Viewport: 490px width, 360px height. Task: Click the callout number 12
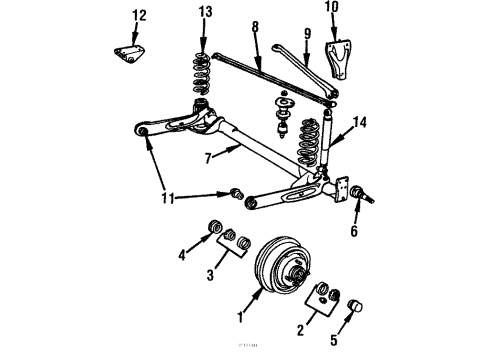point(139,15)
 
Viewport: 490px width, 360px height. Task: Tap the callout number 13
point(205,12)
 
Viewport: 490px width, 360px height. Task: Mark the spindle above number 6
point(362,193)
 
